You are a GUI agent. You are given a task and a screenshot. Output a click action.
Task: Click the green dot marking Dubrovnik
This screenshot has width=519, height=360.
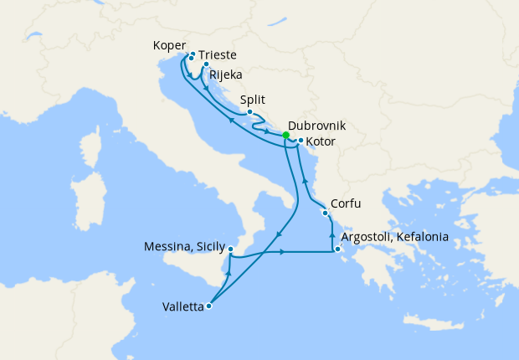tap(285, 135)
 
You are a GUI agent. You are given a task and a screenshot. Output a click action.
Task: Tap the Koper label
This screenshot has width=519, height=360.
tap(170, 45)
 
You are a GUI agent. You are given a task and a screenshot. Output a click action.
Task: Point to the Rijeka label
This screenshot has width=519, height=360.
tap(226, 75)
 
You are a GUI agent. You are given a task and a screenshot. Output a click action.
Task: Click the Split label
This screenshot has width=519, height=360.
tap(253, 99)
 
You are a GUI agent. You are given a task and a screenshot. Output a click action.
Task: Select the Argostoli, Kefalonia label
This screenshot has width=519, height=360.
tap(394, 237)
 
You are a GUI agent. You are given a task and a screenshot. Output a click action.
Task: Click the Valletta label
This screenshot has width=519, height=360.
tap(182, 306)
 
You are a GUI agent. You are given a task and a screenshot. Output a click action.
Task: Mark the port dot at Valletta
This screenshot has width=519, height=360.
tap(209, 306)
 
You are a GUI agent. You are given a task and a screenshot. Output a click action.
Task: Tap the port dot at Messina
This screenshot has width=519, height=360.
tap(230, 249)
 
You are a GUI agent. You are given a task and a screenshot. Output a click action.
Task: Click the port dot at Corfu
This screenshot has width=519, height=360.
tap(325, 213)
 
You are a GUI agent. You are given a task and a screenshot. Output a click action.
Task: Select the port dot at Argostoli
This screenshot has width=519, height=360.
tap(337, 249)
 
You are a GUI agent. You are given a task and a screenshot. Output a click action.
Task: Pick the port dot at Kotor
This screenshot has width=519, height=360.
tap(300, 140)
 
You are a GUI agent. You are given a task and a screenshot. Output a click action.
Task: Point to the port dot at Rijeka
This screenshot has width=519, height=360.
tap(206, 63)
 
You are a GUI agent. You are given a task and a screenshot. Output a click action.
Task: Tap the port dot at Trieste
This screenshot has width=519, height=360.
tap(193, 54)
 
